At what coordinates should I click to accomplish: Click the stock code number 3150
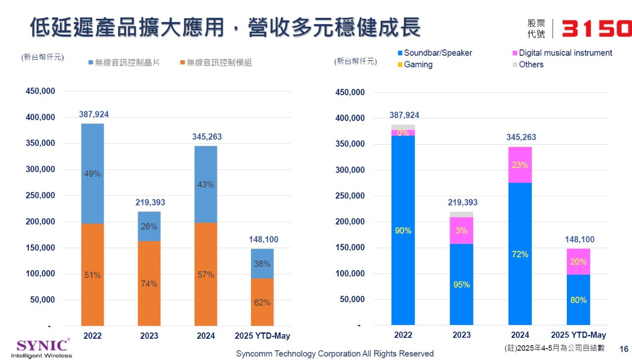coord(596,29)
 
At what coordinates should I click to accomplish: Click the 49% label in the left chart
coord(92,174)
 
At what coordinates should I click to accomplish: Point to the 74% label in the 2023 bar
coord(149,284)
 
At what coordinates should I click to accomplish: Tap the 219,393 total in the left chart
coord(150,202)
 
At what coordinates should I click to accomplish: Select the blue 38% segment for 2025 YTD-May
coord(262,263)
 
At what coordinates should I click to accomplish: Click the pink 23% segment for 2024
coord(520,165)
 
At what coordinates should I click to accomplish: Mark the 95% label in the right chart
coord(462,285)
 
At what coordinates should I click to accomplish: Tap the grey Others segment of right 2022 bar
coord(403,127)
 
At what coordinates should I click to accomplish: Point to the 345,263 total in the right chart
coord(521,137)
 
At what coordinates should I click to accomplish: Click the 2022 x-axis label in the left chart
coord(93,336)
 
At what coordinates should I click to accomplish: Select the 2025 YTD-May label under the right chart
coord(578,335)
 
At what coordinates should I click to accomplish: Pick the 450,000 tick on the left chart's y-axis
coord(40,91)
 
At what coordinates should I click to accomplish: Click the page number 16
coord(624,349)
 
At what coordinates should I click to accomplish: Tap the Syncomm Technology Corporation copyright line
coord(335,354)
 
